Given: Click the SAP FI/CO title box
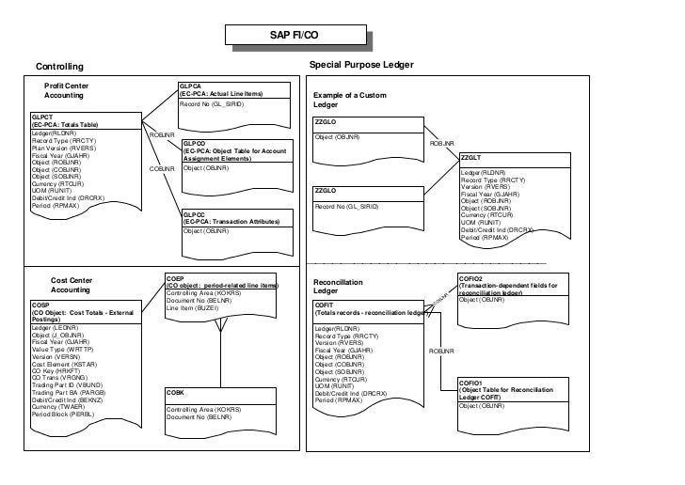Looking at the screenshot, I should click(295, 37).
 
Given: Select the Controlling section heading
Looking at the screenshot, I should click(59, 67).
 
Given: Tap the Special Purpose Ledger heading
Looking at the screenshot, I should click(360, 65).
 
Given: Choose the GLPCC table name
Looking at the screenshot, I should click(194, 213).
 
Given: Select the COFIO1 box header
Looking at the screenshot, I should click(470, 384).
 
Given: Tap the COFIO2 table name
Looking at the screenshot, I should click(471, 279).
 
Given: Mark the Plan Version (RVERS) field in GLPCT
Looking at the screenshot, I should click(63, 148).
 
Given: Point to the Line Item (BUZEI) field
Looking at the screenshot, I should click(192, 307).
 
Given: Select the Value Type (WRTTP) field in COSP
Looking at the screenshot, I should click(65, 350).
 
